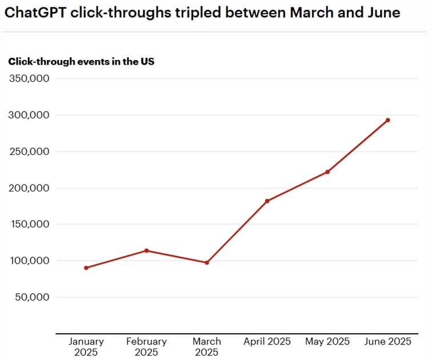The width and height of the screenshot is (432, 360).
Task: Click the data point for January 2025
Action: [86, 267]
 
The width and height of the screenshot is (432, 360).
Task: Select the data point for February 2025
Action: [147, 250]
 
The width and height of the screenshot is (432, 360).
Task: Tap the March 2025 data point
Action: [207, 262]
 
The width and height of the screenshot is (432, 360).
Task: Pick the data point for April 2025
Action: [267, 201]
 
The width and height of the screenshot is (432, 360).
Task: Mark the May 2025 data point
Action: [327, 172]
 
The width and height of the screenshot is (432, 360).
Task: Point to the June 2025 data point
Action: [387, 120]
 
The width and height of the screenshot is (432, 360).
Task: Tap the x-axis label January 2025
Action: [86, 347]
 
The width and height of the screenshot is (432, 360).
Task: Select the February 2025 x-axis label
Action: [147, 347]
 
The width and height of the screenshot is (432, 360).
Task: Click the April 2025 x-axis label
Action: [267, 342]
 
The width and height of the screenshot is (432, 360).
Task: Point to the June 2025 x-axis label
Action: [387, 342]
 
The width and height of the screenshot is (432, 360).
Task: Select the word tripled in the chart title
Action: [196, 13]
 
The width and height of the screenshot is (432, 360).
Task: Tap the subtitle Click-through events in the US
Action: [81, 62]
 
